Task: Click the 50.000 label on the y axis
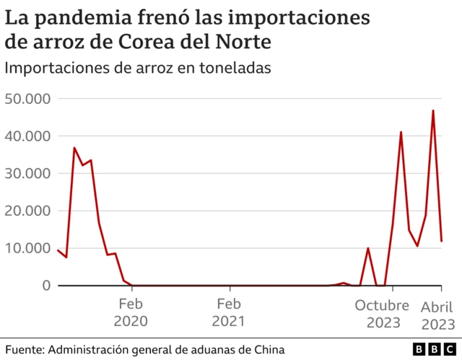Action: point(27,98)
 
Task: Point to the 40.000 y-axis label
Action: point(27,136)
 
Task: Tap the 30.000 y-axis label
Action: point(27,173)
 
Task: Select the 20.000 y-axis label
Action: point(27,211)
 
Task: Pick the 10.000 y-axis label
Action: point(27,248)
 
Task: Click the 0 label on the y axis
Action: point(45,286)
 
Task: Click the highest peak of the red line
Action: point(433,110)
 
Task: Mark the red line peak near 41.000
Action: point(401,132)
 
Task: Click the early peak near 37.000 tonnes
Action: point(74,148)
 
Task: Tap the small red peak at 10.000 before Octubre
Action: point(368,248)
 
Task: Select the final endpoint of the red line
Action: point(441,241)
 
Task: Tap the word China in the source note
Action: point(256,349)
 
